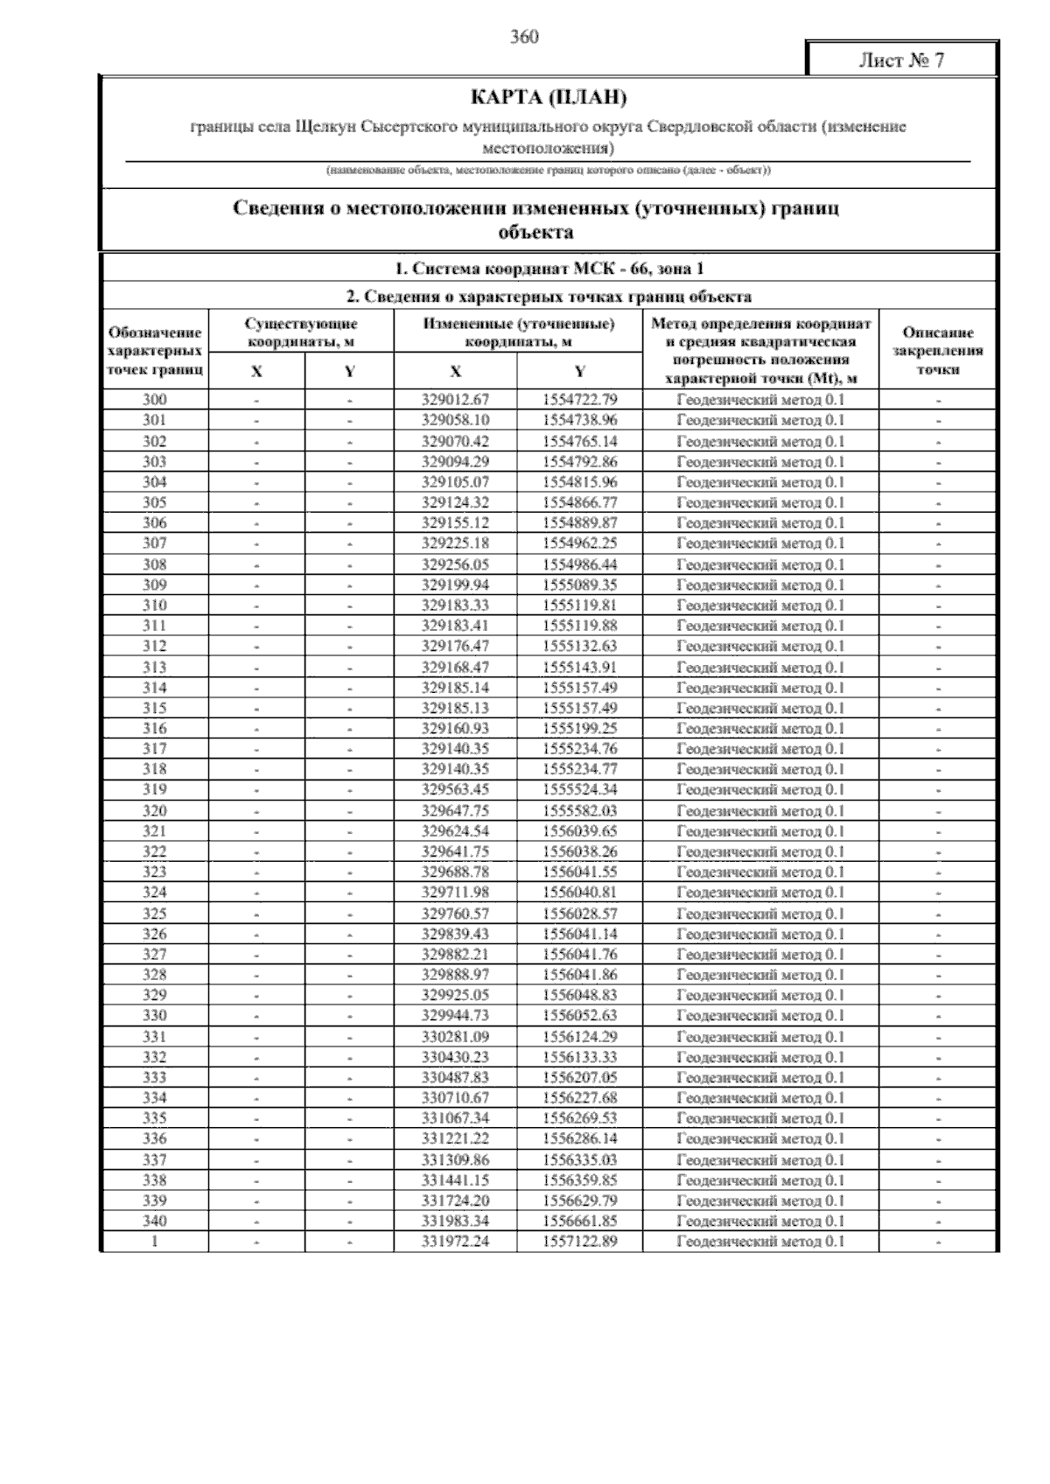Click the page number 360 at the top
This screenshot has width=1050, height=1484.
coord(523,37)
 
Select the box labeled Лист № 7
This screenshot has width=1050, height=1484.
coord(901,60)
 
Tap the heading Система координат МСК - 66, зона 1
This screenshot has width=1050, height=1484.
coord(549,269)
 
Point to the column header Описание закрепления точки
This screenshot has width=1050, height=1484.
coord(937,350)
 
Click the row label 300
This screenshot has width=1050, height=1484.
coord(155,400)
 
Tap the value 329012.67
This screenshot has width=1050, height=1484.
coord(455,400)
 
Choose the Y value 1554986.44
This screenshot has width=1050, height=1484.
coord(579,564)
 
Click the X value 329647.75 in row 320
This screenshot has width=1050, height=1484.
coord(455,811)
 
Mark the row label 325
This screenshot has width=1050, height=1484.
coord(155,913)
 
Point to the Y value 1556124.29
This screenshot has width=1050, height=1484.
coord(579,1037)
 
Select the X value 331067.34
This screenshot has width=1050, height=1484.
coord(455,1118)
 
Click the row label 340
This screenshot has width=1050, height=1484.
coord(155,1221)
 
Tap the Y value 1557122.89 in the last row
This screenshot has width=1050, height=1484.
coord(579,1242)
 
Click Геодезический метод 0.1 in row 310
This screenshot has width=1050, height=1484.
coord(760,605)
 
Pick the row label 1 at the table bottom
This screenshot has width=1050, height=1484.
coord(155,1242)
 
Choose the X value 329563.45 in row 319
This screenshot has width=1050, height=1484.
coord(455,790)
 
